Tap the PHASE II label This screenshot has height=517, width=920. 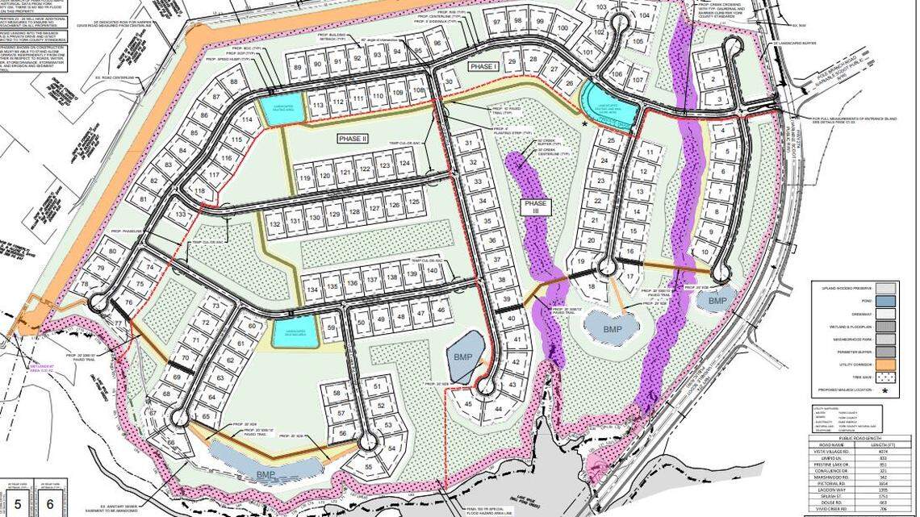pyautogui.click(x=353, y=139)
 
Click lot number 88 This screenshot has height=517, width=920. pyautogui.click(x=234, y=81)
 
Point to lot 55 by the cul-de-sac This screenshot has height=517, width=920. pyautogui.click(x=370, y=466)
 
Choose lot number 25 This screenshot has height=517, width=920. pyautogui.click(x=611, y=141)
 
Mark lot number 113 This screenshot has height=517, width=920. pyautogui.click(x=318, y=105)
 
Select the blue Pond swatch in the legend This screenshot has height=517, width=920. pyautogui.click(x=885, y=300)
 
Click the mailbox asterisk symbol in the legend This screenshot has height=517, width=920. pyautogui.click(x=885, y=391)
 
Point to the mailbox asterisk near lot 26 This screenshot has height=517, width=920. pyautogui.click(x=586, y=123)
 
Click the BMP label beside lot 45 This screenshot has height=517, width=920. pyautogui.click(x=462, y=357)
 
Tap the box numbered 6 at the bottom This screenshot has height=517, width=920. pyautogui.click(x=50, y=503)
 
